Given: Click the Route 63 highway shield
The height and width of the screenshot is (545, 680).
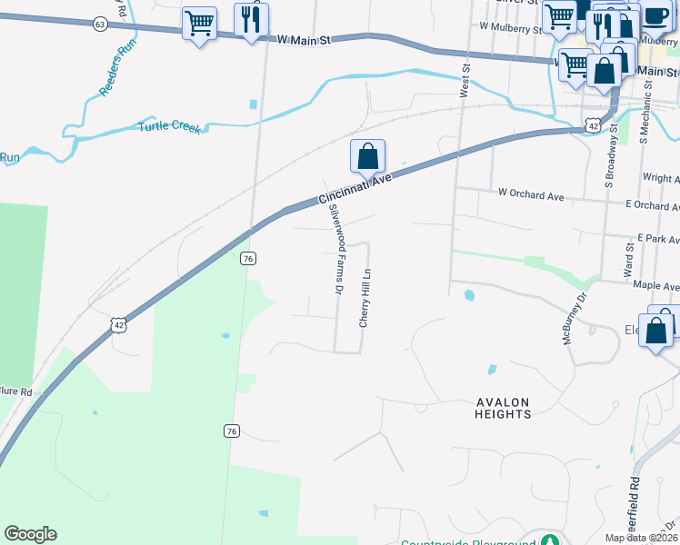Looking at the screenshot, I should coord(99,24).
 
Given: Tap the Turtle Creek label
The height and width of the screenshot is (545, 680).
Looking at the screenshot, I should coord(168,127).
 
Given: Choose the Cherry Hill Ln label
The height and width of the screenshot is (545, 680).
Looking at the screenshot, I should coord(365,297).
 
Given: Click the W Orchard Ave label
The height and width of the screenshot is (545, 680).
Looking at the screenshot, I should coord(531,194).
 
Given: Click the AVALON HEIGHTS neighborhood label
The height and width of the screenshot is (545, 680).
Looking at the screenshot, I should coord(503,408).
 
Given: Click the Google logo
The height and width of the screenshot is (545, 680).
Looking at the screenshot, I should coord(30,534).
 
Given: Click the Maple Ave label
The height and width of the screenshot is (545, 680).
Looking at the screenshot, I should coord(656,286).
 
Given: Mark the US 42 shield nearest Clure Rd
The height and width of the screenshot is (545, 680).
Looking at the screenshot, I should coord(118,324).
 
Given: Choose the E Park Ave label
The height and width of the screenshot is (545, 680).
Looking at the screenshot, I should coord(658,239).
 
